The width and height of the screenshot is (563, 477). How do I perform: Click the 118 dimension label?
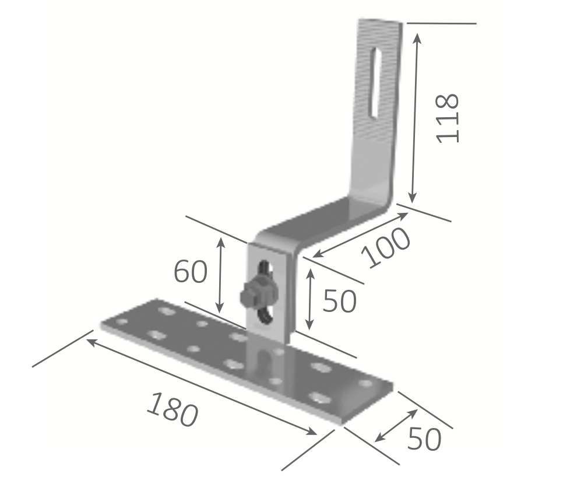click(448, 118)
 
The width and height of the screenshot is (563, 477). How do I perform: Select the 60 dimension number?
click(191, 271)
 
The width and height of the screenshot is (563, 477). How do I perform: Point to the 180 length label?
click(173, 409)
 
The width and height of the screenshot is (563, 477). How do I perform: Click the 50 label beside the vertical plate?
click(339, 301)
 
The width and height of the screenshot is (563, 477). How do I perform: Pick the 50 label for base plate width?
click(424, 439)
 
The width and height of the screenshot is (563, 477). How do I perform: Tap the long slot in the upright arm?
click(375, 83)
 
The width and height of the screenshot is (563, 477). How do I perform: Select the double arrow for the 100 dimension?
click(361, 235)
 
